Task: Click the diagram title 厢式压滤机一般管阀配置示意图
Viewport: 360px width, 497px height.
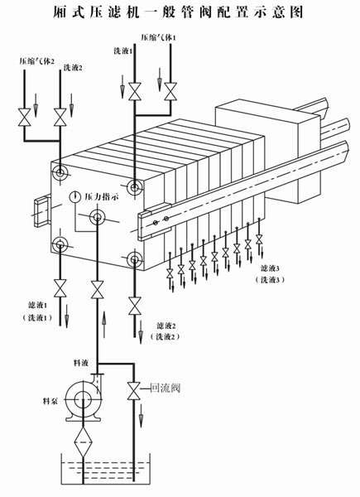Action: (178, 12)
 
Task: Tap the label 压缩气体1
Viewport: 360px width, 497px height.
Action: (158, 38)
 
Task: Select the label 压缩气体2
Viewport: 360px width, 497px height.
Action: (36, 61)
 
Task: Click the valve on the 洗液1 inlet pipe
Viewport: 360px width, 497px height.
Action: (135, 92)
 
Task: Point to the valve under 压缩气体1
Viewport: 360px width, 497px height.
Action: (170, 92)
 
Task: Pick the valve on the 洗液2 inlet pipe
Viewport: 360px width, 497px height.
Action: (60, 118)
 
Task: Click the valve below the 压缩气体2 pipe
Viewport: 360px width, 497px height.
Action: (24, 118)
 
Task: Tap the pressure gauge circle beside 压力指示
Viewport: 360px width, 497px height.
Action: (74, 197)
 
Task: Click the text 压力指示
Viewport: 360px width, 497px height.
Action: (102, 196)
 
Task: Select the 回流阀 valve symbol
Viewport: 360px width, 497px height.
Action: (133, 391)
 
